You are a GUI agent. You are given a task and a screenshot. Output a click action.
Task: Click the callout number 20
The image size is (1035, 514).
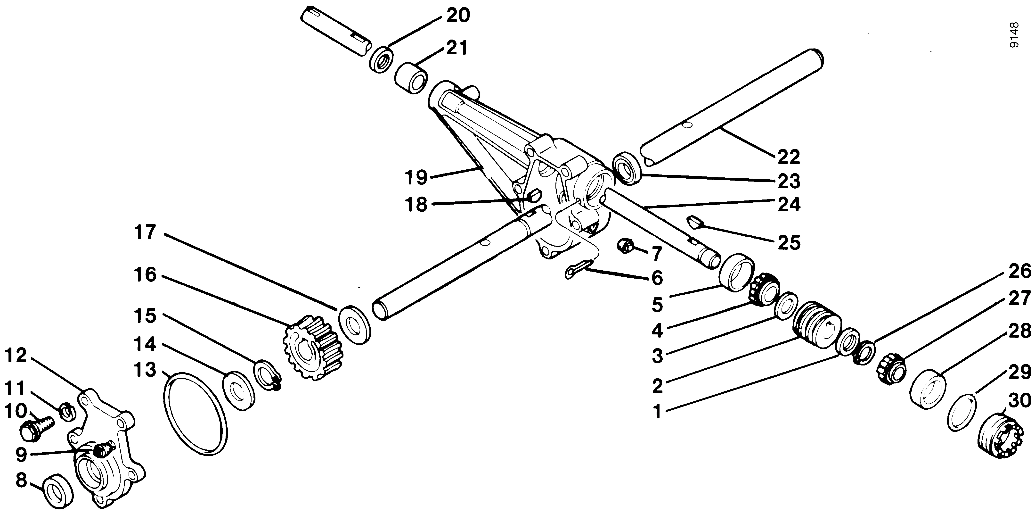point(458,16)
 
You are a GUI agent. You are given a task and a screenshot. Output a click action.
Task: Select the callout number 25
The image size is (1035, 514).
point(789,242)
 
